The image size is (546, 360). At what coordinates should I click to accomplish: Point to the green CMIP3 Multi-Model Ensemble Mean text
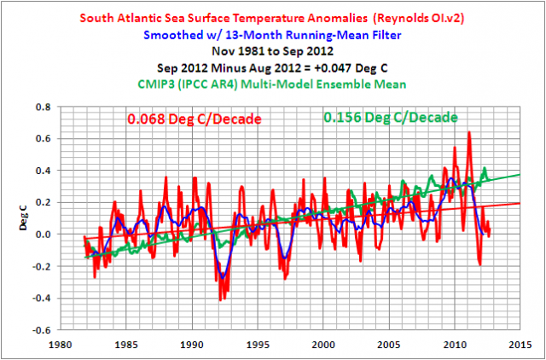[x=273, y=84]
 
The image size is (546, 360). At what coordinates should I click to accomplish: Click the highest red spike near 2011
[x=468, y=132]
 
